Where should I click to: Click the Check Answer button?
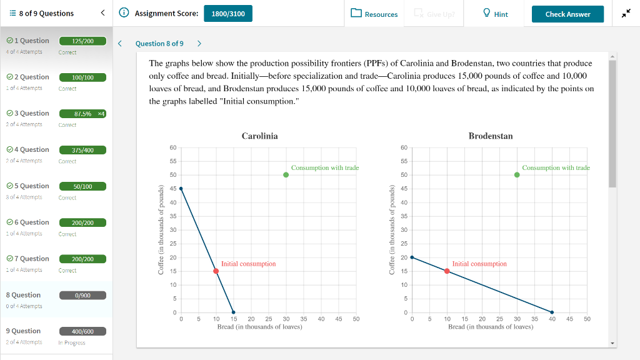coord(567,14)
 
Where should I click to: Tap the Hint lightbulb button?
coord(496,14)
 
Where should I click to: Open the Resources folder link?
coord(374,14)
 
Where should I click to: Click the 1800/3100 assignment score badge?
coord(228,14)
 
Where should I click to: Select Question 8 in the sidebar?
coord(24,295)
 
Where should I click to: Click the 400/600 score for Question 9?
coord(82,331)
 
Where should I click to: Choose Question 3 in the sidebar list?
coord(27,113)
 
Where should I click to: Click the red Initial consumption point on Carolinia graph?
coord(216,271)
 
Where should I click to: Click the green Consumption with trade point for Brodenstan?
coord(517,175)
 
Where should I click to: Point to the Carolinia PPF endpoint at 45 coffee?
coord(181,189)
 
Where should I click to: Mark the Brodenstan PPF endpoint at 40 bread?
coord(552,312)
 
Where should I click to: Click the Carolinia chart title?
coord(259,136)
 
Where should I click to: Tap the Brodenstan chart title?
coord(490,136)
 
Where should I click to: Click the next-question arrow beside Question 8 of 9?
coord(199,43)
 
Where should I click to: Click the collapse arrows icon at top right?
coord(626,14)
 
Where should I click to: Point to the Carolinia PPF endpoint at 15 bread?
coord(234,312)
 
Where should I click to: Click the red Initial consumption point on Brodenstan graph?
coord(447,271)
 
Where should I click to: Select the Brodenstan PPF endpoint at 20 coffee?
coord(412,257)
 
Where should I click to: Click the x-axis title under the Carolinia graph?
coord(259,327)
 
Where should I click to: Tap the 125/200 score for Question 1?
coord(82,41)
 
